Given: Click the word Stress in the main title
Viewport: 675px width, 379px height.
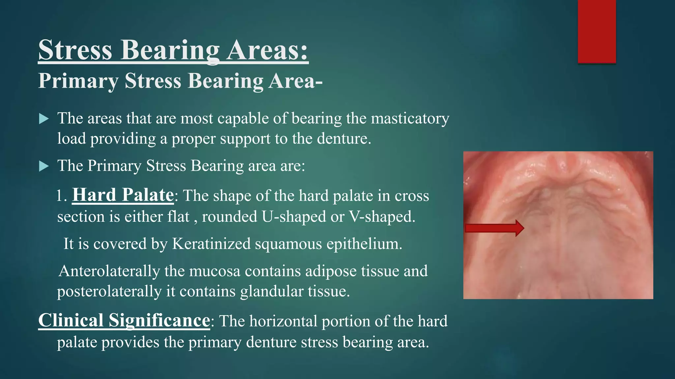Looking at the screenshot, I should click(75, 50).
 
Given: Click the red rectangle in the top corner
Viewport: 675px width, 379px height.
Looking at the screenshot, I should click(597, 31).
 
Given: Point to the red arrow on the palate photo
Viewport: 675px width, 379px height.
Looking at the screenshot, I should click(494, 228).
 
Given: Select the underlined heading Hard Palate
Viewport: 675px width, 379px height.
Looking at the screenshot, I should click(123, 195).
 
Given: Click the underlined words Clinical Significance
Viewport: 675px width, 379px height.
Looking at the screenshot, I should click(124, 320).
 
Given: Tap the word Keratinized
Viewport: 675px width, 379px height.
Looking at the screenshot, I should click(212, 244).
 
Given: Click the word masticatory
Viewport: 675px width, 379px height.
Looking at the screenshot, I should click(410, 118).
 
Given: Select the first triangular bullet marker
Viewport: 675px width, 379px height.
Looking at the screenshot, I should click(44, 119).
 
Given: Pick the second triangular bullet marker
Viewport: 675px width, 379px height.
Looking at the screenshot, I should click(44, 166).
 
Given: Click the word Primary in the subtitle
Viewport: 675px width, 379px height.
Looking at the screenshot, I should click(78, 81).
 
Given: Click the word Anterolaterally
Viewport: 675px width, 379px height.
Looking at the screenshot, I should click(109, 271).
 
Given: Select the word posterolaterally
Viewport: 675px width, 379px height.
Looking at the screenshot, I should click(109, 291).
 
